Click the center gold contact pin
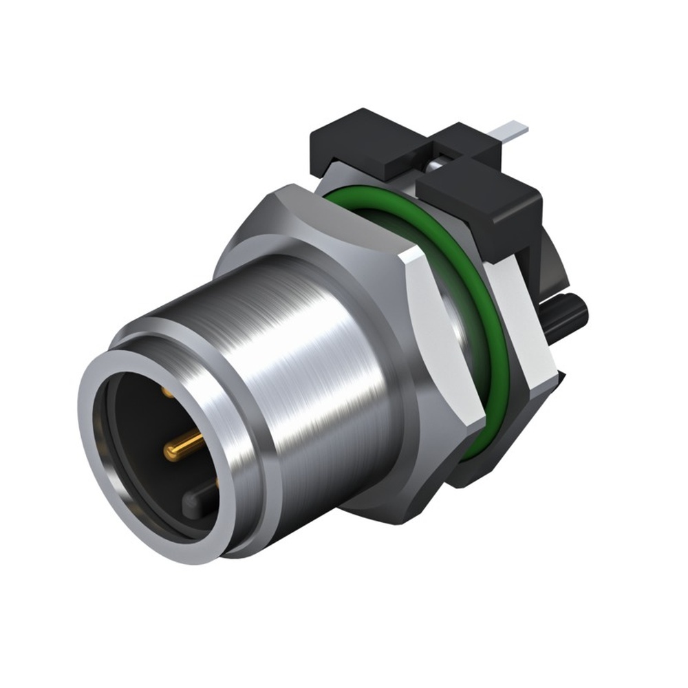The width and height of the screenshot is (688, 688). point(180,449)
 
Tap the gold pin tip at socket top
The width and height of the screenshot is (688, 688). point(168,391)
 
